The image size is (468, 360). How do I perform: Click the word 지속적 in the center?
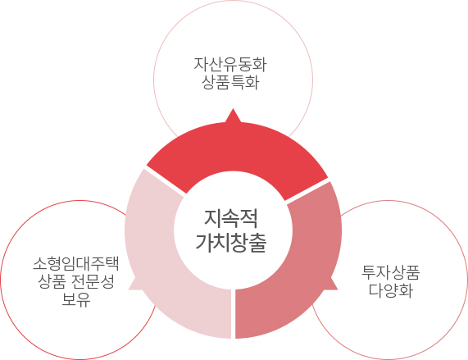pos(230,218)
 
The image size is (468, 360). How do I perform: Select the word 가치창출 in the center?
pos(230,243)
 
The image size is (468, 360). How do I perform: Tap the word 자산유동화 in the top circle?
pos(230,64)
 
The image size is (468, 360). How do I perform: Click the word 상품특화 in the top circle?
pos(230,82)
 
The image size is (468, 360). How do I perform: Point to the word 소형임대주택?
pos(76,263)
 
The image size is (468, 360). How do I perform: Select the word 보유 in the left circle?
pos(76,299)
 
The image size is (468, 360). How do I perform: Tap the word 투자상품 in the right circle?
pos(391,272)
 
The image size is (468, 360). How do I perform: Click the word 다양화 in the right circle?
pos(391,290)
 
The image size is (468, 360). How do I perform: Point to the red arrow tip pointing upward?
pos(233,109)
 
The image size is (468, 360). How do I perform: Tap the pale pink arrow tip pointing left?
pos(129,289)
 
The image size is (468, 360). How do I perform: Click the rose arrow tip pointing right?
pos(337,289)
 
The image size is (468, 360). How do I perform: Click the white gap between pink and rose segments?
pos(233,313)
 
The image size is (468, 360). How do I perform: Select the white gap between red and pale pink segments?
pos(165,180)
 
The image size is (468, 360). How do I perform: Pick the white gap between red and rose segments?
pos(307,191)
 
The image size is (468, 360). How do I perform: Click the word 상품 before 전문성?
pos(52,281)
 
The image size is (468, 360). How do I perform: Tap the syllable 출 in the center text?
pos(257,243)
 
